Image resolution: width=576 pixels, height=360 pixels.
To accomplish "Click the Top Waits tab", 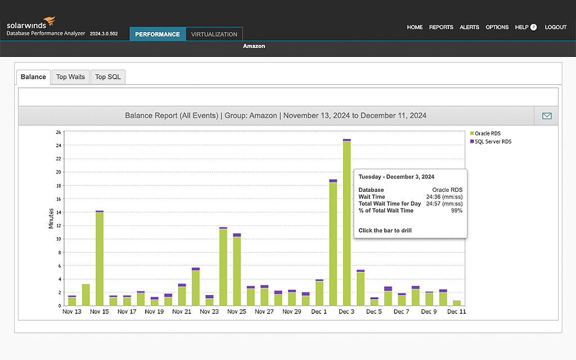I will coord(70,77).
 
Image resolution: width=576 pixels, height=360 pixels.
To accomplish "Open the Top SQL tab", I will coord(107,77).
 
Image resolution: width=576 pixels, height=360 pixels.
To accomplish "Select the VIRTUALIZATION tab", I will coord(214,34).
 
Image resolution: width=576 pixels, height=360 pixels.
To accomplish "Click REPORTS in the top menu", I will coord(441,27).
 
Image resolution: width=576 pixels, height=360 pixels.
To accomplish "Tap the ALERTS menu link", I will coord(469,27).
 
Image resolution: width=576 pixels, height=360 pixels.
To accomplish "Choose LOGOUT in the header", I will coord(556,27).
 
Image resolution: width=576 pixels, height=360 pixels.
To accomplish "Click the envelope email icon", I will coord(546,116).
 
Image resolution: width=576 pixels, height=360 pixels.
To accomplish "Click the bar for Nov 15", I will coord(100,259).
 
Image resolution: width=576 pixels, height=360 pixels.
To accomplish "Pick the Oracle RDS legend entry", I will coord(487,133).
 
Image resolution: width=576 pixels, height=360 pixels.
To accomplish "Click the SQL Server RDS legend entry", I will coord(493,141).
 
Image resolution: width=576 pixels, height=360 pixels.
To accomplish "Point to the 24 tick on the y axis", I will coord(58,145).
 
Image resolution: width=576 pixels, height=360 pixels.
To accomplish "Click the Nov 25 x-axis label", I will coord(237,312).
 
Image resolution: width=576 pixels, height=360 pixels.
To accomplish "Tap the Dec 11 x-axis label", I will coord(457,312).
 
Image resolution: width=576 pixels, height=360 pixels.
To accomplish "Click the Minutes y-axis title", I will coord(51,218).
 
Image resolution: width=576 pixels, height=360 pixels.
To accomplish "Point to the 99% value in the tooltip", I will coord(456,210).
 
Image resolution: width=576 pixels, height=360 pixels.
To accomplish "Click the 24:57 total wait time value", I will coord(432,204).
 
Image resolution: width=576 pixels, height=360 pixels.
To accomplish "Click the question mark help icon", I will coord(533,27).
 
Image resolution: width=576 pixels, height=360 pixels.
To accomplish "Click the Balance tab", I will coord(33,77).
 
